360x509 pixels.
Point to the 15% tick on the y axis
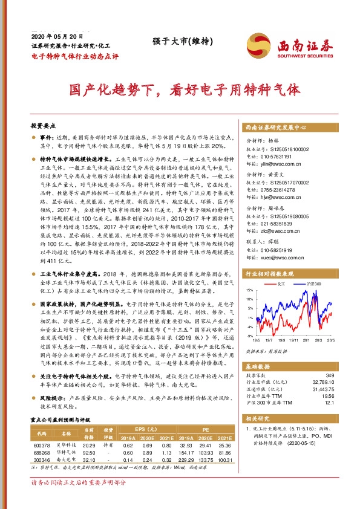(x=250, y=291)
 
